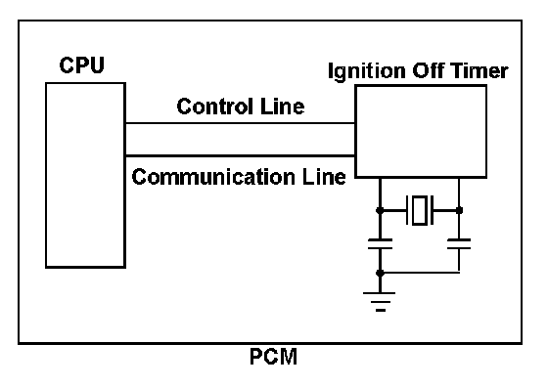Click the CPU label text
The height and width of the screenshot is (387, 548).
click(82, 65)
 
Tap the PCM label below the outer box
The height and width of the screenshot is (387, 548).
click(274, 357)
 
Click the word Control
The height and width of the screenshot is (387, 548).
click(214, 107)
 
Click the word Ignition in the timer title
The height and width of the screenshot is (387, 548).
click(367, 72)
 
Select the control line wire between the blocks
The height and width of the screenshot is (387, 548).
click(240, 123)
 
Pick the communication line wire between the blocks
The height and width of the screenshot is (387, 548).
click(240, 155)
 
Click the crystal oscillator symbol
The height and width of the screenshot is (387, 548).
click(420, 210)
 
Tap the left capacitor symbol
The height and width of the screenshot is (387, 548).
click(381, 244)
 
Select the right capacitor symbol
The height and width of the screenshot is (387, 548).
click(459, 244)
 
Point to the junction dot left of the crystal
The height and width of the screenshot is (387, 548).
click(380, 210)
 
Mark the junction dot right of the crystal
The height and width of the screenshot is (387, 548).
click(459, 210)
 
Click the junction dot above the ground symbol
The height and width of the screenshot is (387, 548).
click(381, 273)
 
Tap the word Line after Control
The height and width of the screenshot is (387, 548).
click(283, 107)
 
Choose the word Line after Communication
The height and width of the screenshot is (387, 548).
click(324, 177)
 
